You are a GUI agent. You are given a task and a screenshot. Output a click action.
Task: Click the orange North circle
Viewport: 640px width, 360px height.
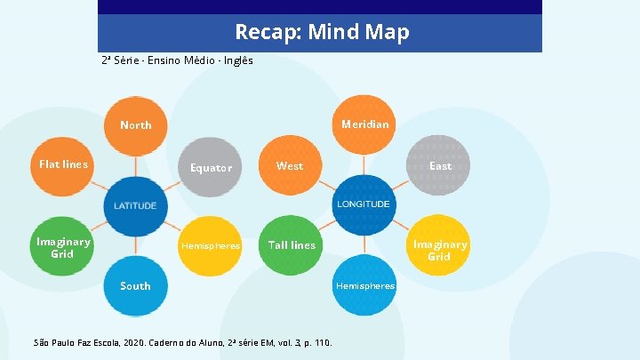(x=136, y=125)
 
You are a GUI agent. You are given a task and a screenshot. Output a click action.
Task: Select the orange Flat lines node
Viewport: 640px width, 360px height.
(x=64, y=164)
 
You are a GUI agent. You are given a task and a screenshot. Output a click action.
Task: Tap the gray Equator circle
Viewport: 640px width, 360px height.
(x=211, y=167)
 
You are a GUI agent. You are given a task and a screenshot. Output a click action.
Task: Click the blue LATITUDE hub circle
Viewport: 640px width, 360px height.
(x=135, y=205)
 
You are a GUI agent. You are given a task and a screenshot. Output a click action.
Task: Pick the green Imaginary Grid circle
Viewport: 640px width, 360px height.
(x=62, y=247)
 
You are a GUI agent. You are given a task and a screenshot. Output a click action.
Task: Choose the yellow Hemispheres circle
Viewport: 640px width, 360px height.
(x=211, y=245)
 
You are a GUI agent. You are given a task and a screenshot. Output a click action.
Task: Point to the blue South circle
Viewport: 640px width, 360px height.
(x=135, y=285)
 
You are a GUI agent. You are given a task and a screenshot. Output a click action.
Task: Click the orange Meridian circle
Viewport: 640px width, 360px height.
(x=364, y=124)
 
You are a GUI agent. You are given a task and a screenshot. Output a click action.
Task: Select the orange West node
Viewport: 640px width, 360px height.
(x=290, y=165)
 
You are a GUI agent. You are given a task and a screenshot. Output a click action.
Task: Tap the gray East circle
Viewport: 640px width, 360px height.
(x=439, y=166)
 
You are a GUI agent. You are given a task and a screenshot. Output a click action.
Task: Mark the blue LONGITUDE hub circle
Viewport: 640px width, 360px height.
(x=363, y=204)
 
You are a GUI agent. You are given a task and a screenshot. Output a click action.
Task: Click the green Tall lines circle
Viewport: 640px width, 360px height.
(x=292, y=244)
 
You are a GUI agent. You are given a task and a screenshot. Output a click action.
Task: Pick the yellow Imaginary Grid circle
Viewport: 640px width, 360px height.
(x=439, y=250)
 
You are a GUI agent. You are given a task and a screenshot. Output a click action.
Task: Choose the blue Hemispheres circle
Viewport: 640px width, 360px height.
(x=364, y=285)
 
